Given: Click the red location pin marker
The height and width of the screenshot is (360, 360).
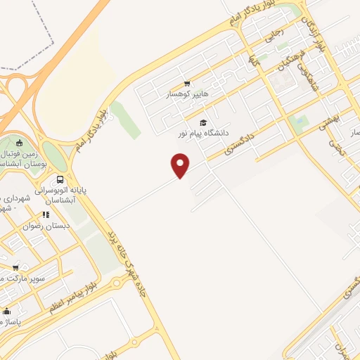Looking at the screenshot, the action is coord(181,165).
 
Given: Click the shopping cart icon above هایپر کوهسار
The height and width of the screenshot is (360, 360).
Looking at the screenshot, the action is coord(187,84).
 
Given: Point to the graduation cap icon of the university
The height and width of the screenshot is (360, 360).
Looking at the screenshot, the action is coord(203,122).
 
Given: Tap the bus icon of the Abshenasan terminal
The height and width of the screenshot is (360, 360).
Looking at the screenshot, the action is coord(60,179).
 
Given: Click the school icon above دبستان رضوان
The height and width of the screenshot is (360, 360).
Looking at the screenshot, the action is coord(45,215).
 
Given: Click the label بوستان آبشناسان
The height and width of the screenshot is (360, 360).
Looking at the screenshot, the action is coord(25,162).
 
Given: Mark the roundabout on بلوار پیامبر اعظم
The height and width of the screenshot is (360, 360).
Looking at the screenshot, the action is coord(116,283).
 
